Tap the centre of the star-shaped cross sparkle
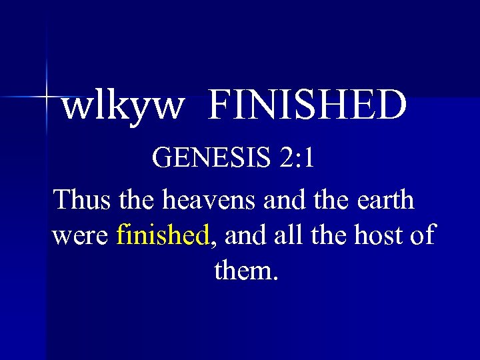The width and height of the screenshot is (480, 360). (x=47, y=97)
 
